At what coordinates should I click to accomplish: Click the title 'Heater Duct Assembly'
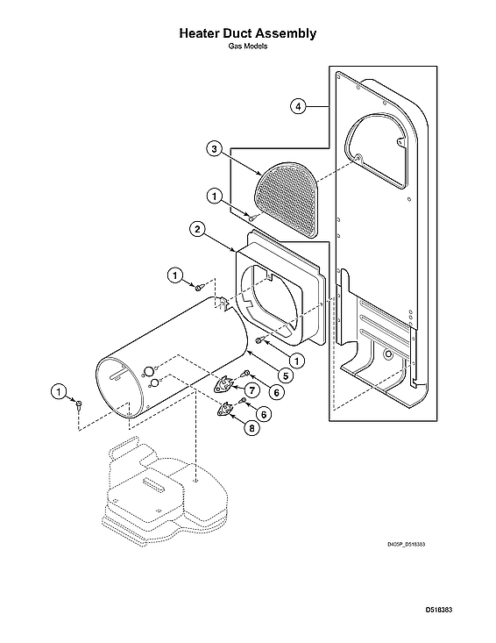point(247,33)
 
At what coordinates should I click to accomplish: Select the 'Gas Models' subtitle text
point(247,46)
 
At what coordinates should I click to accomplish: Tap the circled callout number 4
point(299,106)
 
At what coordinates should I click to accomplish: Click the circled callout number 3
point(215,149)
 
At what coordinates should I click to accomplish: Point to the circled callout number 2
point(199,230)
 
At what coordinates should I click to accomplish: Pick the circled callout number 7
point(252,389)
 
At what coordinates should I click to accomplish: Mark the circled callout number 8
point(252,429)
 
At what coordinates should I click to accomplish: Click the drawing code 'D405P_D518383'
point(406,544)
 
